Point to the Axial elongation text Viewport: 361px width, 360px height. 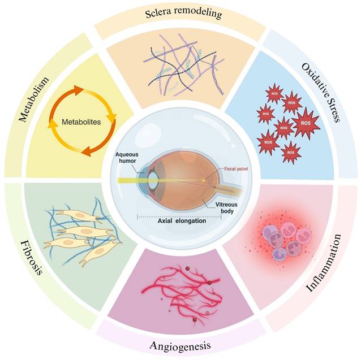point(182,221)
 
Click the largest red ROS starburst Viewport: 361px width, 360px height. point(304,122)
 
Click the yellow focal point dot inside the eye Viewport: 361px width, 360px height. point(204,180)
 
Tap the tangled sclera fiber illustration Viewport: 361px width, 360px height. point(180,65)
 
